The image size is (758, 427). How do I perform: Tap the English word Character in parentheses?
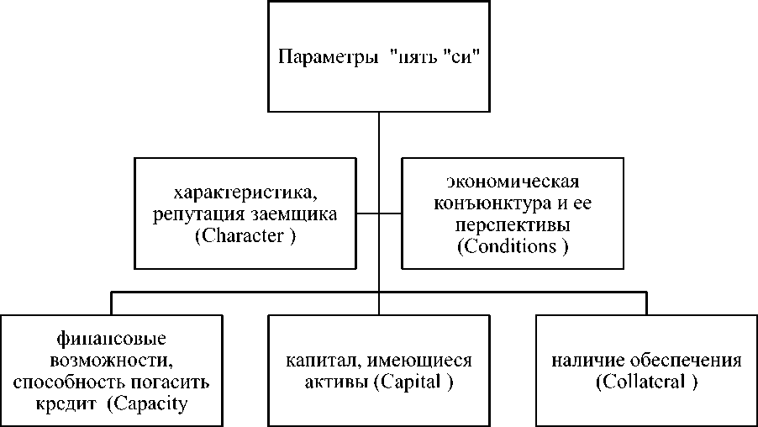point(245,236)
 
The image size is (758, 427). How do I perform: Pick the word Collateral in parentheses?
point(646,382)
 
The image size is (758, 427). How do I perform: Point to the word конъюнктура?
point(479,203)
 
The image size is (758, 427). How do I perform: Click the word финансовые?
point(113,339)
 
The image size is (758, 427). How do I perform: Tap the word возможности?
point(113,361)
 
